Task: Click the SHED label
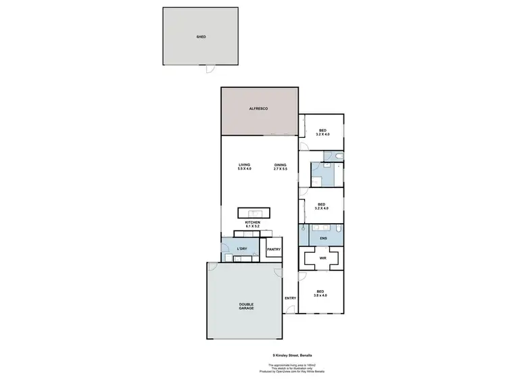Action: coord(201,37)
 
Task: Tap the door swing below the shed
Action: coord(210,69)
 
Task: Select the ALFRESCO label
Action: coord(259,109)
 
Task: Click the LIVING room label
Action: coord(245,165)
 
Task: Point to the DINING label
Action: coord(281,165)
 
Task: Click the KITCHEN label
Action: coord(253,222)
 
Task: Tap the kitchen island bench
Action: coord(253,212)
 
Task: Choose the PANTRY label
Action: coord(274,250)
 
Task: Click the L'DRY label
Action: coord(242,250)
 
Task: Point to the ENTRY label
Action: coord(290,298)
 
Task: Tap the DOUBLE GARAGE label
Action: coord(246,306)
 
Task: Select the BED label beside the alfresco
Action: coord(322,130)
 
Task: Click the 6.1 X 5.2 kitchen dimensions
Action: coord(253,226)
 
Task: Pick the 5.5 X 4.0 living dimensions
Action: coord(245,169)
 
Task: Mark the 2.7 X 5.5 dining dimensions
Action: coord(281,169)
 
